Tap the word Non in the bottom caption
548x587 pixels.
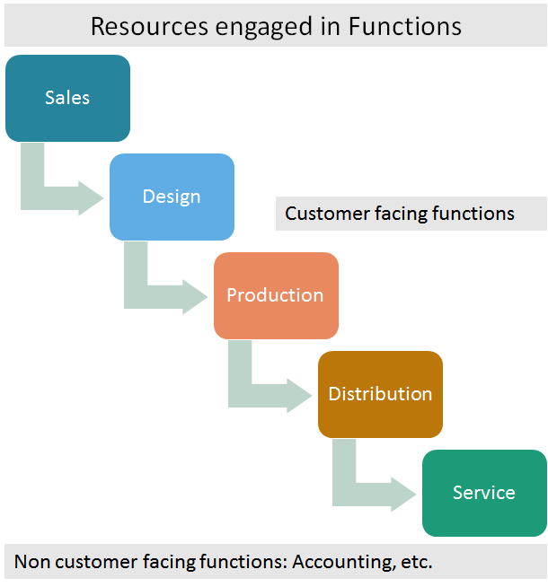(x=31, y=563)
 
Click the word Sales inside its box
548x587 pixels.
(x=67, y=97)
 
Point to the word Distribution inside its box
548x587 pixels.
(x=380, y=394)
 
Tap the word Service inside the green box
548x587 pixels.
(x=484, y=493)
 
